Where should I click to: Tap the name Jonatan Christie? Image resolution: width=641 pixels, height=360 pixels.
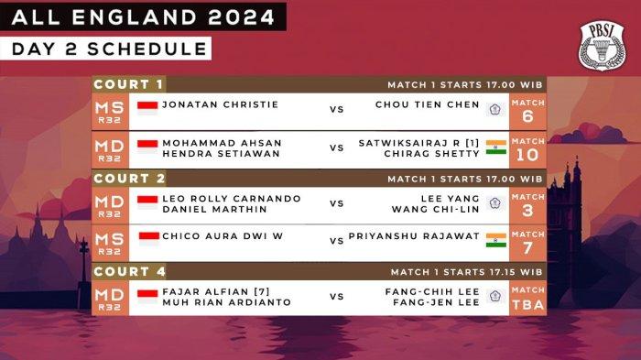click(220, 105)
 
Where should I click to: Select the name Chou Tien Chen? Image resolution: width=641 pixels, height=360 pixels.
click(427, 105)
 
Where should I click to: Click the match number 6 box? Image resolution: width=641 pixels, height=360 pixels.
click(527, 110)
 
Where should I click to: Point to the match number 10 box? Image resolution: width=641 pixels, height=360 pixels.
click(527, 148)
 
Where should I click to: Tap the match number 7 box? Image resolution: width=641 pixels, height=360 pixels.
click(527, 243)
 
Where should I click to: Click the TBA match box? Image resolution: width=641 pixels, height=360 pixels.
click(527, 298)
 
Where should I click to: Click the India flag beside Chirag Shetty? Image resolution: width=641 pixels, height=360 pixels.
click(495, 147)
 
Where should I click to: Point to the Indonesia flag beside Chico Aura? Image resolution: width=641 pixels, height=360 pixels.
click(147, 237)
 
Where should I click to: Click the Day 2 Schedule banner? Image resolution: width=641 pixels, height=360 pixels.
click(105, 49)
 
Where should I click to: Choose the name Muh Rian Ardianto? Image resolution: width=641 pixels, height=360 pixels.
click(226, 302)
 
